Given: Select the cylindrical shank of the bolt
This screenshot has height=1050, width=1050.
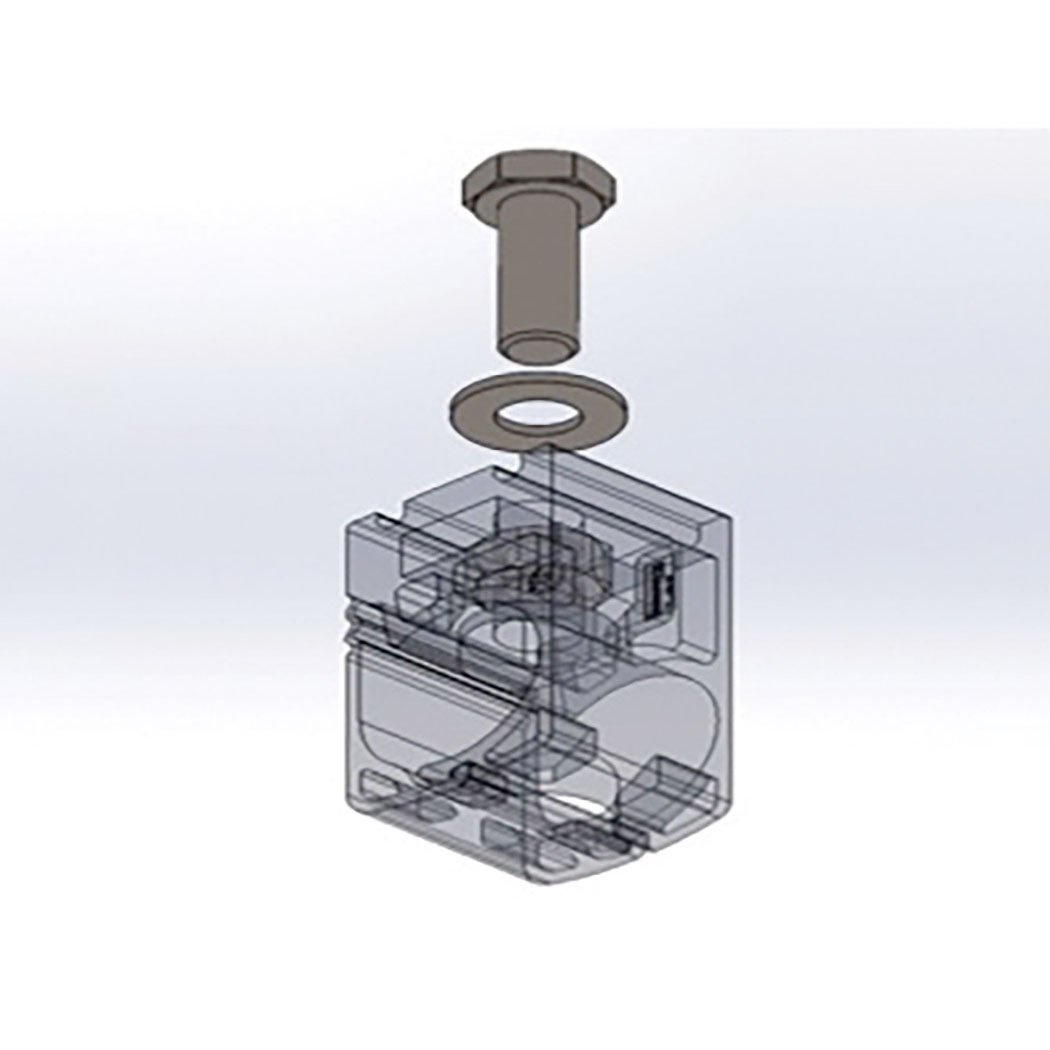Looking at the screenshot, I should (x=540, y=270).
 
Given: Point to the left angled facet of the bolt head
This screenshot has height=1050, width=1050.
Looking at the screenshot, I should (x=477, y=184).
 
